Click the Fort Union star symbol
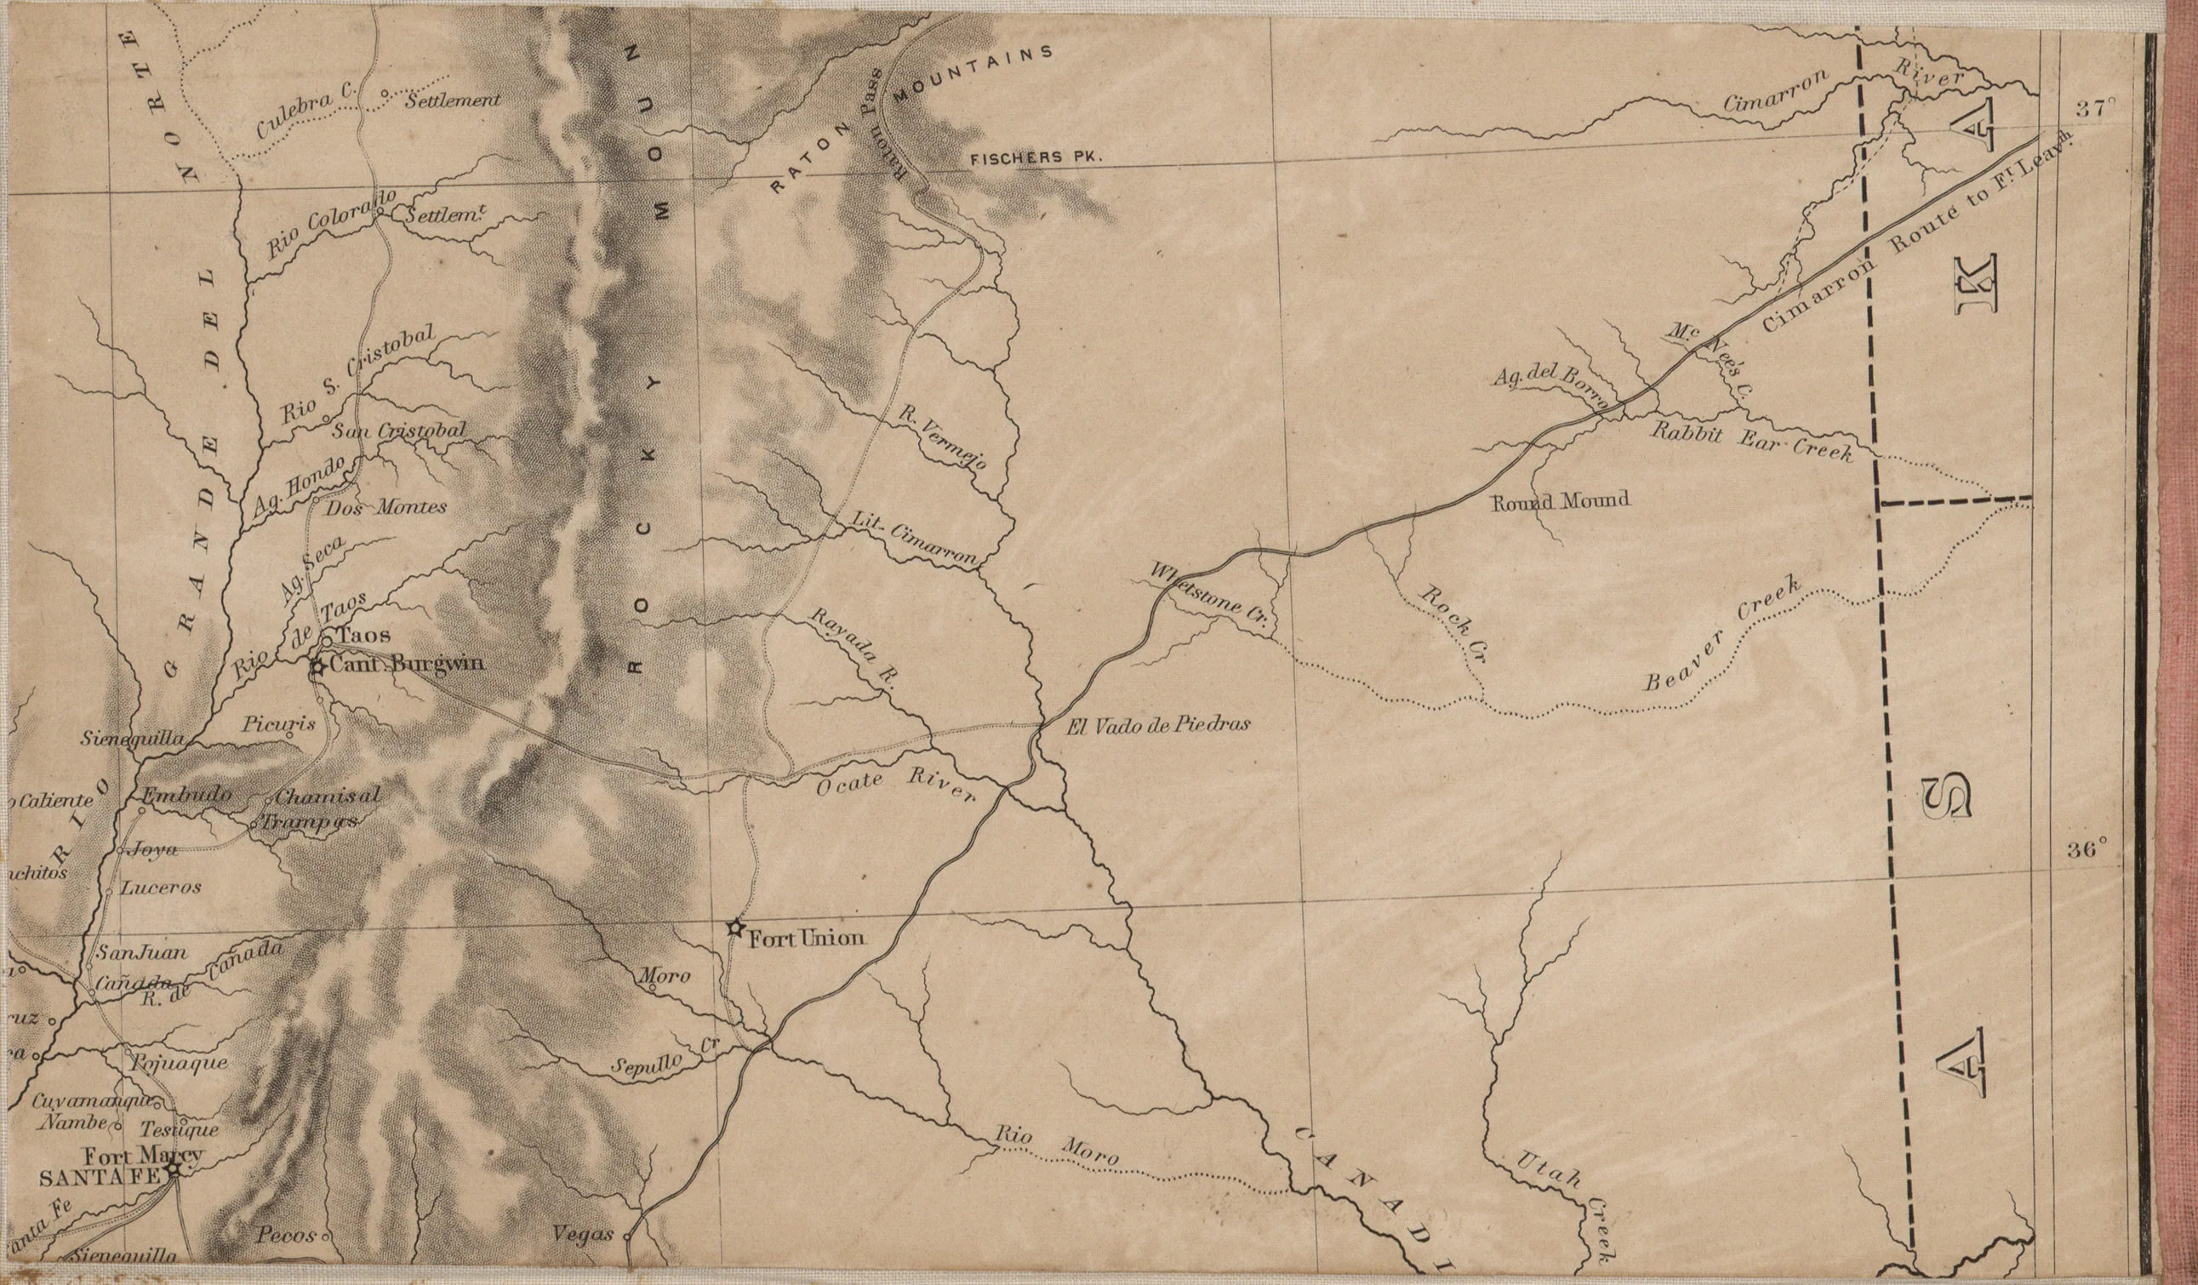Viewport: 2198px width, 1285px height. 735,928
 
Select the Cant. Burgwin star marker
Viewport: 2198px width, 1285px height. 317,667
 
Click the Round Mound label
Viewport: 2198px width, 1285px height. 1561,501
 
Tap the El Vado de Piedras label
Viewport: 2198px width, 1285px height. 1158,724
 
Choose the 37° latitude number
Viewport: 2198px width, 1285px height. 2094,110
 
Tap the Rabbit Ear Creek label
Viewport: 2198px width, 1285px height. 1753,442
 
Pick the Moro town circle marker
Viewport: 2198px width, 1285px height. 651,989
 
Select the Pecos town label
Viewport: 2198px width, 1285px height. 286,1236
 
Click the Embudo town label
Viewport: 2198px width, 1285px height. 187,795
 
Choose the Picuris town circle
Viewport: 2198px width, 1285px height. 289,735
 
